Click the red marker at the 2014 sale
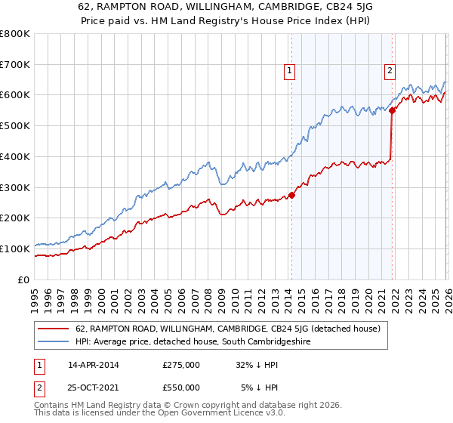click(x=291, y=195)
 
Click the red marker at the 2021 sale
click(x=392, y=110)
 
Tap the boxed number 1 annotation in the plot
click(x=289, y=72)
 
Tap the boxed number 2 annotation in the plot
click(x=390, y=72)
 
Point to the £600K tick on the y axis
click(x=15, y=95)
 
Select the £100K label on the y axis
click(x=15, y=249)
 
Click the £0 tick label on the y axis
click(x=23, y=279)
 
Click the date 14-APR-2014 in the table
click(x=94, y=364)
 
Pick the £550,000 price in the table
click(x=181, y=387)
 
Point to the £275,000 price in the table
click(x=181, y=364)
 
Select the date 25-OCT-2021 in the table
click(x=94, y=387)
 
